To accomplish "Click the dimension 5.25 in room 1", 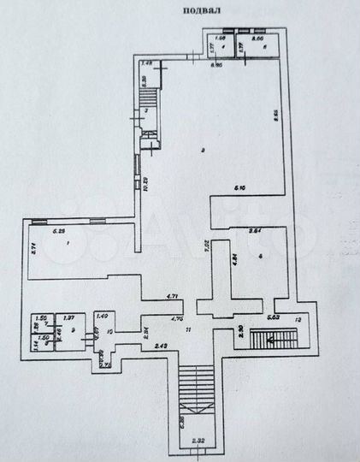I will click(x=59, y=231).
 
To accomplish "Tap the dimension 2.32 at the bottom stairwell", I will click(x=198, y=441).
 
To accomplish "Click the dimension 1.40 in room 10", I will click(x=103, y=317).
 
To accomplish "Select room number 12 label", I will click(x=298, y=319).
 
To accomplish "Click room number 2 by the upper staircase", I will click(x=146, y=111).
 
